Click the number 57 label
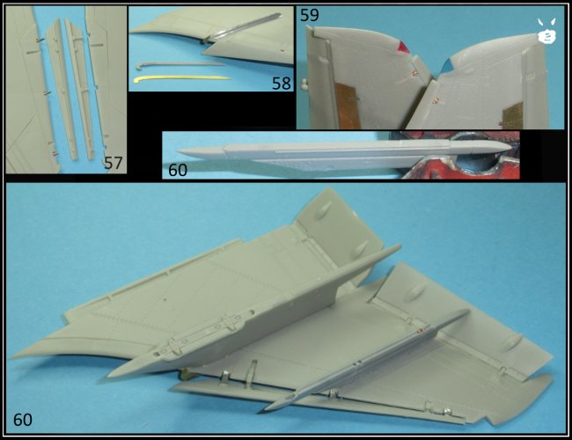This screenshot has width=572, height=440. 114,163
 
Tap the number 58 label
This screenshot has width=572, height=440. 282,84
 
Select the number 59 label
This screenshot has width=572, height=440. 310,15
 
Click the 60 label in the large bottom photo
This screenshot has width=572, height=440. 23,420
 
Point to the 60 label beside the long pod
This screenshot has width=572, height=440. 178,170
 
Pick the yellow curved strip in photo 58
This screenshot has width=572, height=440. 182,78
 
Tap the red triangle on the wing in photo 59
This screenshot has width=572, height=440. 403,48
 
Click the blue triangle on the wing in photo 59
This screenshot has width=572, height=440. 446,66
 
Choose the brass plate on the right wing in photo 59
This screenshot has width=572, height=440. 514,115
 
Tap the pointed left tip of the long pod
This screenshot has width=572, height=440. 178,151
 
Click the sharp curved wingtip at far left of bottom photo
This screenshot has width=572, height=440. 13,357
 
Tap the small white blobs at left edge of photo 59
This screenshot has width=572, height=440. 304,84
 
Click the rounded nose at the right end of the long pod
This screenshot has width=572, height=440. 509,147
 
